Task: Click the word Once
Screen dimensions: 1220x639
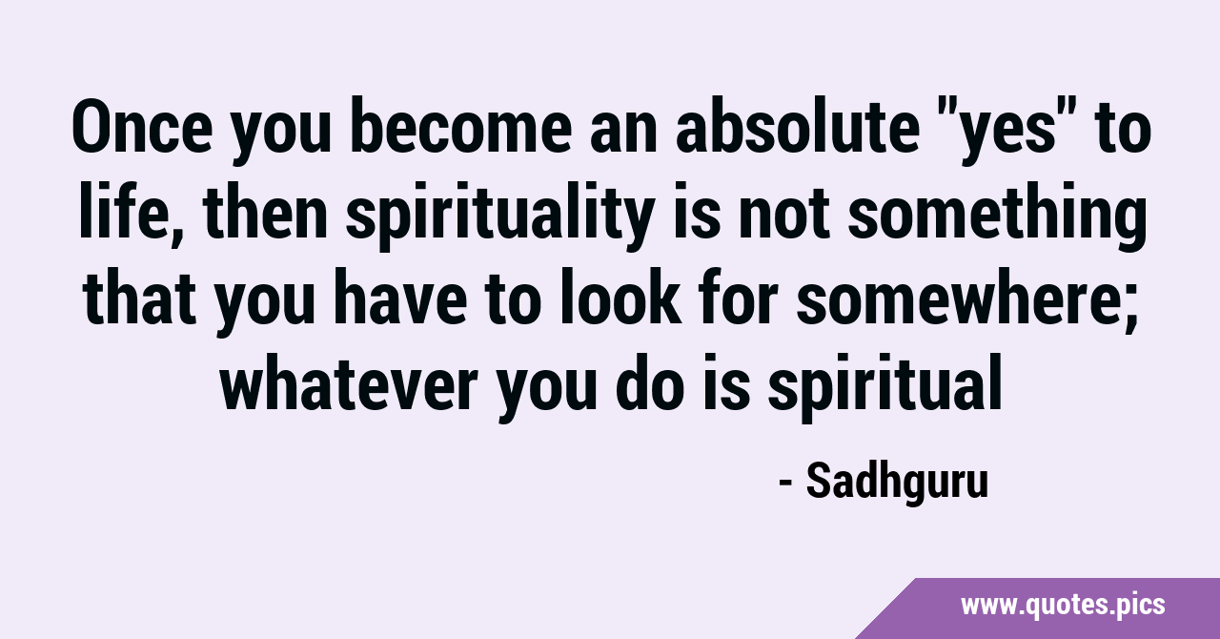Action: coord(142,127)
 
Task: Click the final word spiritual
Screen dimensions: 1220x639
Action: coord(884,387)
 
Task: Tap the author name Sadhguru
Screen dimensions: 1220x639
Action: coord(897,482)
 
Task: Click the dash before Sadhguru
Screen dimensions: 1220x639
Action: coord(786,483)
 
